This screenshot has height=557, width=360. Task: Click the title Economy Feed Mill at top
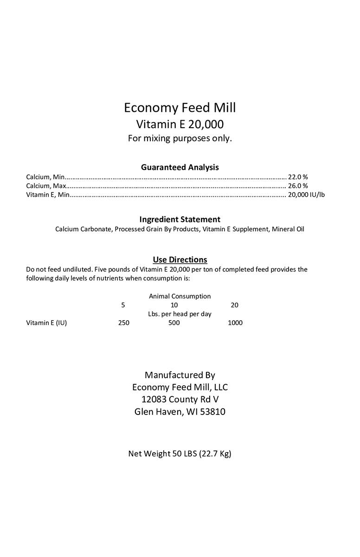(180, 108)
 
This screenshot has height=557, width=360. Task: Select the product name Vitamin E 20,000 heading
(180, 124)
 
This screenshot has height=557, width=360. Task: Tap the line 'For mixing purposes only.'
(180, 138)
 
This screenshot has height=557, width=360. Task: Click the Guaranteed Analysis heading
(180, 167)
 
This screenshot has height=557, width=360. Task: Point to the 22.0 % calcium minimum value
(298, 177)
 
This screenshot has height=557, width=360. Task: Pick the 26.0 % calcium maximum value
(298, 186)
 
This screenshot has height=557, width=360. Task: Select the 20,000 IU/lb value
(306, 194)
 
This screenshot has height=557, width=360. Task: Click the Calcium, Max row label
(46, 186)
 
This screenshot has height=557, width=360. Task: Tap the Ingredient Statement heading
(180, 219)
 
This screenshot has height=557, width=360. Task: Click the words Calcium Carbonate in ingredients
(83, 229)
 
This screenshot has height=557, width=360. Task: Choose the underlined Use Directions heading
(180, 259)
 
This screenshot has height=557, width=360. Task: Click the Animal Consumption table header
(180, 296)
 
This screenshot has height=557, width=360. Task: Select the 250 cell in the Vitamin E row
(123, 323)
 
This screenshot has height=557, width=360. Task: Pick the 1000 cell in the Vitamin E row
(235, 323)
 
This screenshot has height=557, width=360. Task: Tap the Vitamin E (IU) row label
(46, 323)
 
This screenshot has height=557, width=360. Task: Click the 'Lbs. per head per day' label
(180, 314)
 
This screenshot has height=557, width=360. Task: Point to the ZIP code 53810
(212, 412)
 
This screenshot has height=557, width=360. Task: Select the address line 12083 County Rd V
(180, 399)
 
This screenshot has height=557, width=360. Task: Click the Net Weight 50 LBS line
(180, 453)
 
